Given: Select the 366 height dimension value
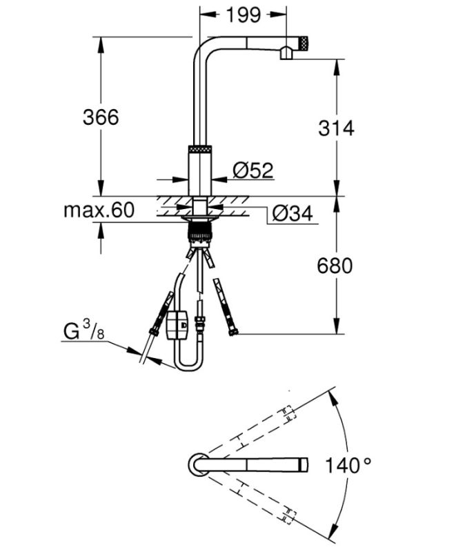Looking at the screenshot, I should tap(101, 117).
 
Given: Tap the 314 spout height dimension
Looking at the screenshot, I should tap(335, 128).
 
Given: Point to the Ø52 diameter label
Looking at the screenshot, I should tap(252, 170).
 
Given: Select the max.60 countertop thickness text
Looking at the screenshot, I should tap(99, 210).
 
